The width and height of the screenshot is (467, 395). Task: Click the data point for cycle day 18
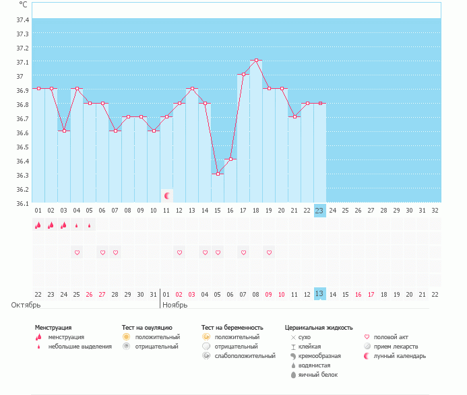256,61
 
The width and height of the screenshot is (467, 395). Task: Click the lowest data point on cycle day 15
218,174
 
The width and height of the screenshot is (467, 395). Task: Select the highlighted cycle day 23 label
319,211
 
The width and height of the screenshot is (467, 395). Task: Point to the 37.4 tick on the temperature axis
22,19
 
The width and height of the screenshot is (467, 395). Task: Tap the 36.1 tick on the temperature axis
22,203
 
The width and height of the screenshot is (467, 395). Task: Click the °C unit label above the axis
24,5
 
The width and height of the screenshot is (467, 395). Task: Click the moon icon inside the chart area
167,196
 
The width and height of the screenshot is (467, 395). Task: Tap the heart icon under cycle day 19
269,252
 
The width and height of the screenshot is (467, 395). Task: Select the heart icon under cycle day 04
77,252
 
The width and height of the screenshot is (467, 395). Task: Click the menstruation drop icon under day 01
38,225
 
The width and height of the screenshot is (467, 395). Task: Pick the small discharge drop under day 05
90,225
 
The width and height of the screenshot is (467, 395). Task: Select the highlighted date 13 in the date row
319,294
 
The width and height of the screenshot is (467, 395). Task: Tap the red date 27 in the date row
102,294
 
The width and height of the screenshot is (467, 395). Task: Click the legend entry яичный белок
317,374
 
